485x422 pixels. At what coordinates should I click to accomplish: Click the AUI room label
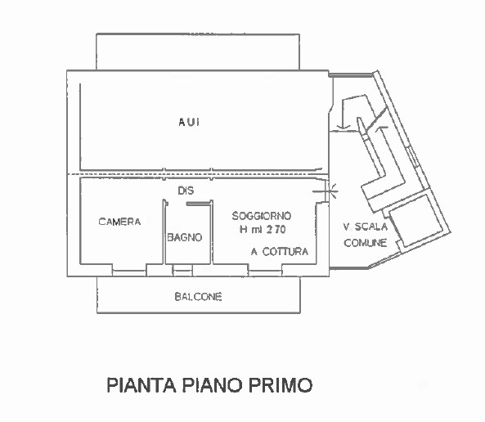pyautogui.click(x=189, y=122)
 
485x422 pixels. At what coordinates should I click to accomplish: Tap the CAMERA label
pyautogui.click(x=119, y=222)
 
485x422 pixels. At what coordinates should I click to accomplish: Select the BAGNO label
pyautogui.click(x=185, y=237)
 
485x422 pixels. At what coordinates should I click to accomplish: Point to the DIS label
pyautogui.click(x=186, y=191)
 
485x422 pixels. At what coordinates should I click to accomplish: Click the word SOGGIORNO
pyautogui.click(x=262, y=216)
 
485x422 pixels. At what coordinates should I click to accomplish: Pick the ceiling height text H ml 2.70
pyautogui.click(x=263, y=229)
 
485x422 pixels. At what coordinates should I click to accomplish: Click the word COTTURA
pyautogui.click(x=285, y=252)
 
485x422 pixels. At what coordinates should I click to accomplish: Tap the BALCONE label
pyautogui.click(x=198, y=297)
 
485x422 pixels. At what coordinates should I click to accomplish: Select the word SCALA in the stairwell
pyautogui.click(x=370, y=227)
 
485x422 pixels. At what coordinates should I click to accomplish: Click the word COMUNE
pyautogui.click(x=366, y=243)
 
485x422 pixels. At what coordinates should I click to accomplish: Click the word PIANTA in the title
pyautogui.click(x=141, y=385)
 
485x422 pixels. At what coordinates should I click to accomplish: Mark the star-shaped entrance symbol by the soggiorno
pyautogui.click(x=333, y=191)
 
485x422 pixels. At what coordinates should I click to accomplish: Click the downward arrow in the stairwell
pyautogui.click(x=343, y=114)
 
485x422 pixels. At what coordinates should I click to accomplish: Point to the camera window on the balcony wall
pyautogui.click(x=129, y=273)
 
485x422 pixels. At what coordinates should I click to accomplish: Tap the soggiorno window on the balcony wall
pyautogui.click(x=265, y=273)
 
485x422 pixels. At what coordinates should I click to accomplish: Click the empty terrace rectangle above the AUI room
pyautogui.click(x=198, y=52)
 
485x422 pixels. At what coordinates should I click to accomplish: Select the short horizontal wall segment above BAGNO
pyautogui.click(x=198, y=204)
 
